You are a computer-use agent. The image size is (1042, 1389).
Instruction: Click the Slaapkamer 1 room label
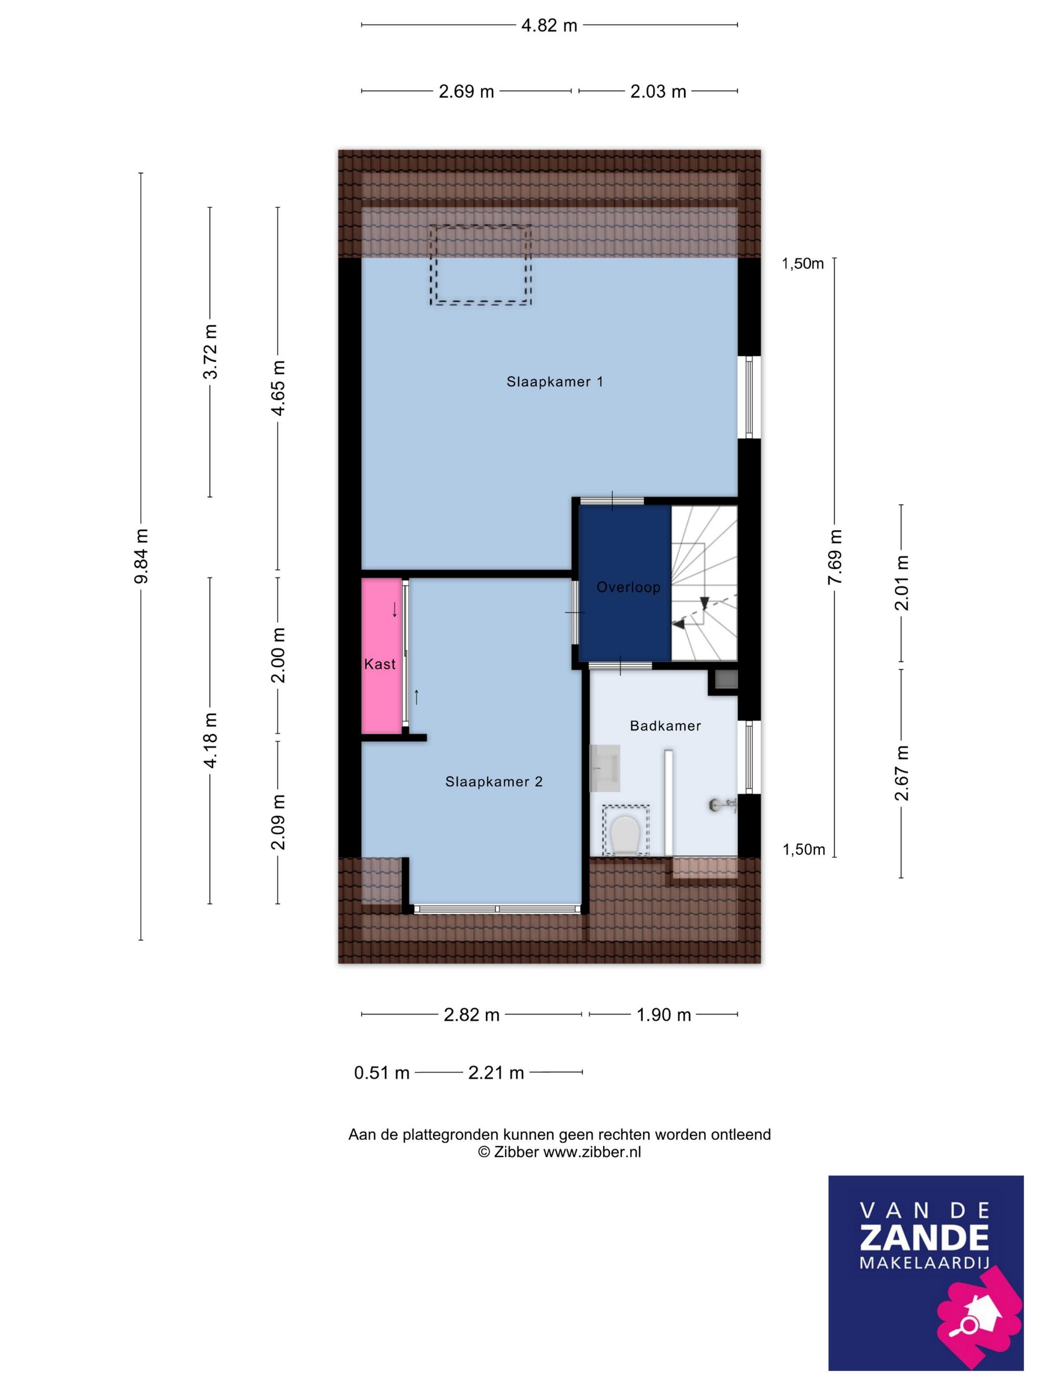coord(555,382)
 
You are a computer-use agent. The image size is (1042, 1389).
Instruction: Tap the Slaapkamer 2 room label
coord(494,782)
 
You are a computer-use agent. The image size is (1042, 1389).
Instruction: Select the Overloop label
coord(628,587)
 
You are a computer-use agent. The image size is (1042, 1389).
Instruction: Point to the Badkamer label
coord(665,726)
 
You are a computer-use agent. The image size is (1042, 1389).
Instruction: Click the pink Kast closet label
coord(380,664)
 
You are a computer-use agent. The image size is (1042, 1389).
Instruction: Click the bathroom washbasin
coord(605,767)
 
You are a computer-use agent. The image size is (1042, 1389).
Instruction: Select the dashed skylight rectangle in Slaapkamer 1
coord(480,265)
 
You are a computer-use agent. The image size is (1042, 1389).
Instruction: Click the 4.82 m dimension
coord(549,26)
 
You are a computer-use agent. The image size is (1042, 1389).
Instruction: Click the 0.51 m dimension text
coord(381,1073)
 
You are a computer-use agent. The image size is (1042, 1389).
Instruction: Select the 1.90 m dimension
coord(663,1015)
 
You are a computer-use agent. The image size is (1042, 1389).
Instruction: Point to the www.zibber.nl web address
coord(591,1152)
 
